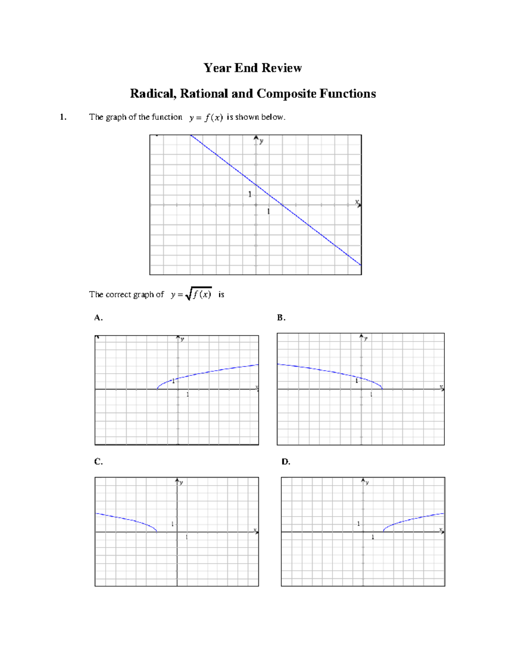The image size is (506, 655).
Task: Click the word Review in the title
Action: tap(282, 68)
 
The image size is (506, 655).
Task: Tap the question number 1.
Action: tap(63, 117)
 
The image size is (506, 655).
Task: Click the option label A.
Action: tap(98, 318)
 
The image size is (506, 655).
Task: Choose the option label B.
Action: tap(281, 318)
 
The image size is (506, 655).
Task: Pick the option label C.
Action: tap(98, 462)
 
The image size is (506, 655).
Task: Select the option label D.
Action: tap(286, 462)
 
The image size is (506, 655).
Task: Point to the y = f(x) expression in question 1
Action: tap(206, 118)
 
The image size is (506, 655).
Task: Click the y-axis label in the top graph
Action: tap(262, 141)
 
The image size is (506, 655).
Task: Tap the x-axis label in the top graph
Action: tap(357, 202)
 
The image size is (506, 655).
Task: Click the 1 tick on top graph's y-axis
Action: tap(250, 194)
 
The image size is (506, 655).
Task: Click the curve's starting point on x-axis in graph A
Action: tap(157, 389)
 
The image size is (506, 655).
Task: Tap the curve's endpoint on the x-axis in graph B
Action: tap(382, 389)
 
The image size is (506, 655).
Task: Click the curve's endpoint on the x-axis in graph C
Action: tap(157, 532)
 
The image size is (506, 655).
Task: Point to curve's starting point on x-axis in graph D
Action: tap(383, 532)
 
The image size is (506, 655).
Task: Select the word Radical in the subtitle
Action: tap(153, 94)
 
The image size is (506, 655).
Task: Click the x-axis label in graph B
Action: tap(441, 386)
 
